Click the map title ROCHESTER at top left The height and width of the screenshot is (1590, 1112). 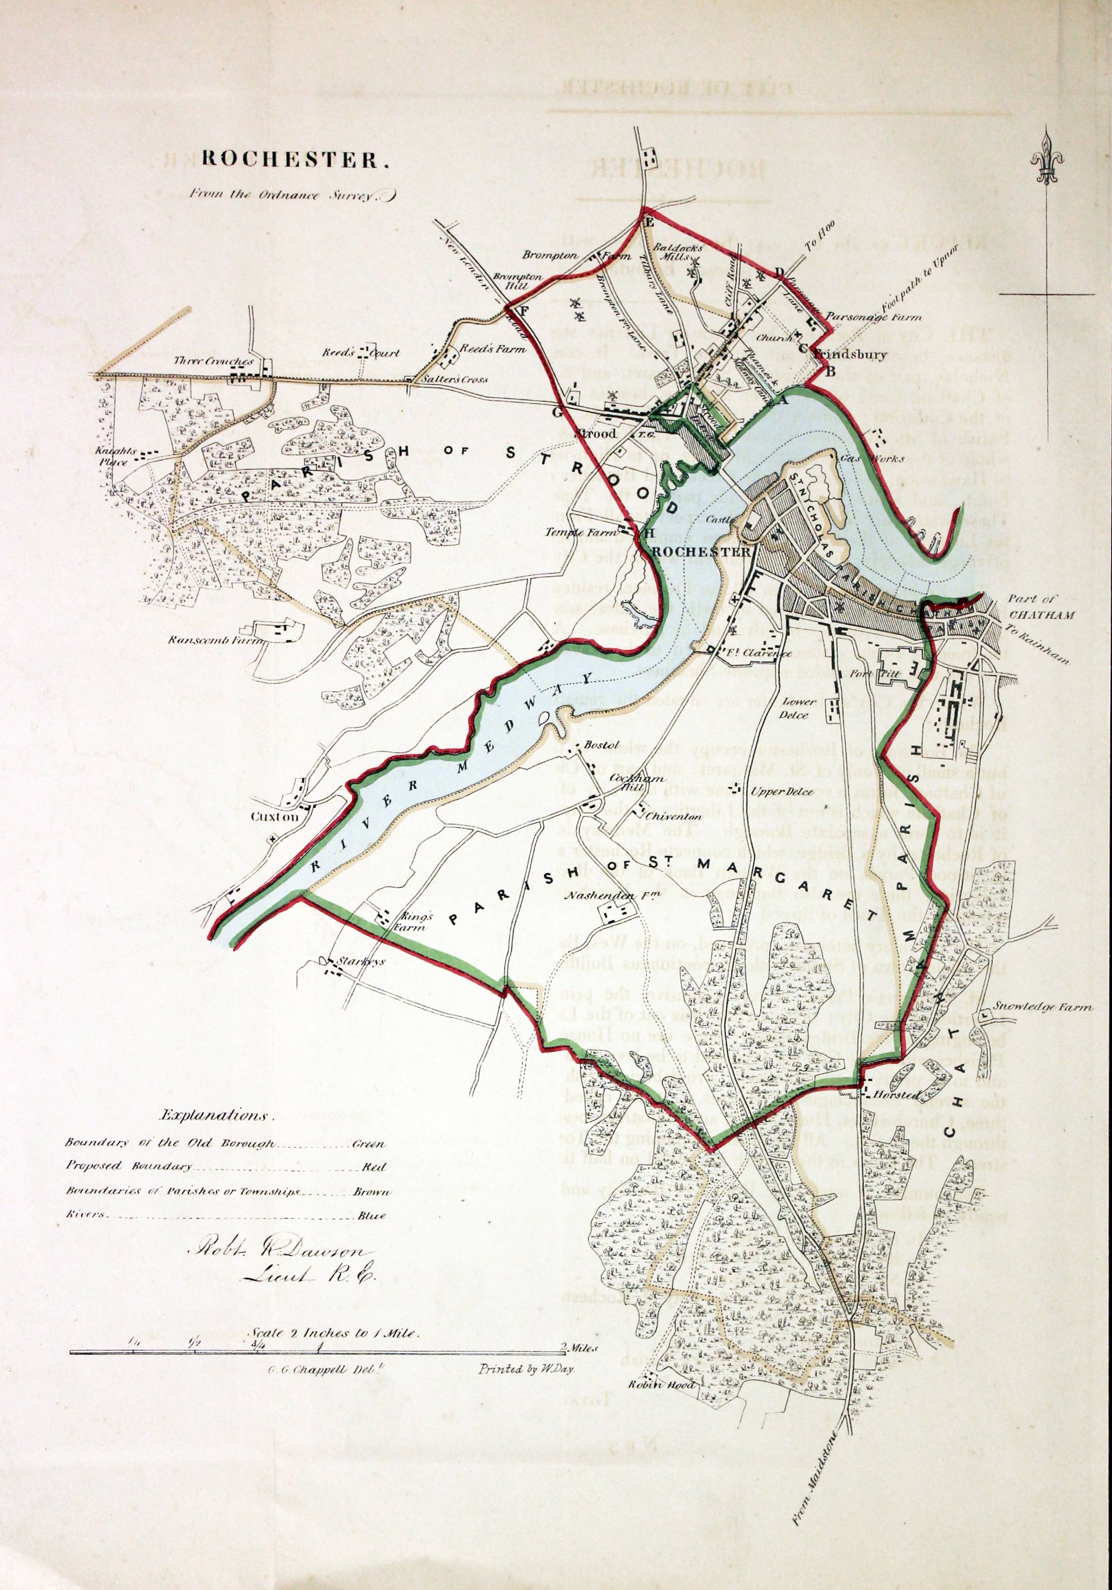point(291,160)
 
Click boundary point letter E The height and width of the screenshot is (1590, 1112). point(649,222)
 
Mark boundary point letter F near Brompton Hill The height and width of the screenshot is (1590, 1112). point(524,311)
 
